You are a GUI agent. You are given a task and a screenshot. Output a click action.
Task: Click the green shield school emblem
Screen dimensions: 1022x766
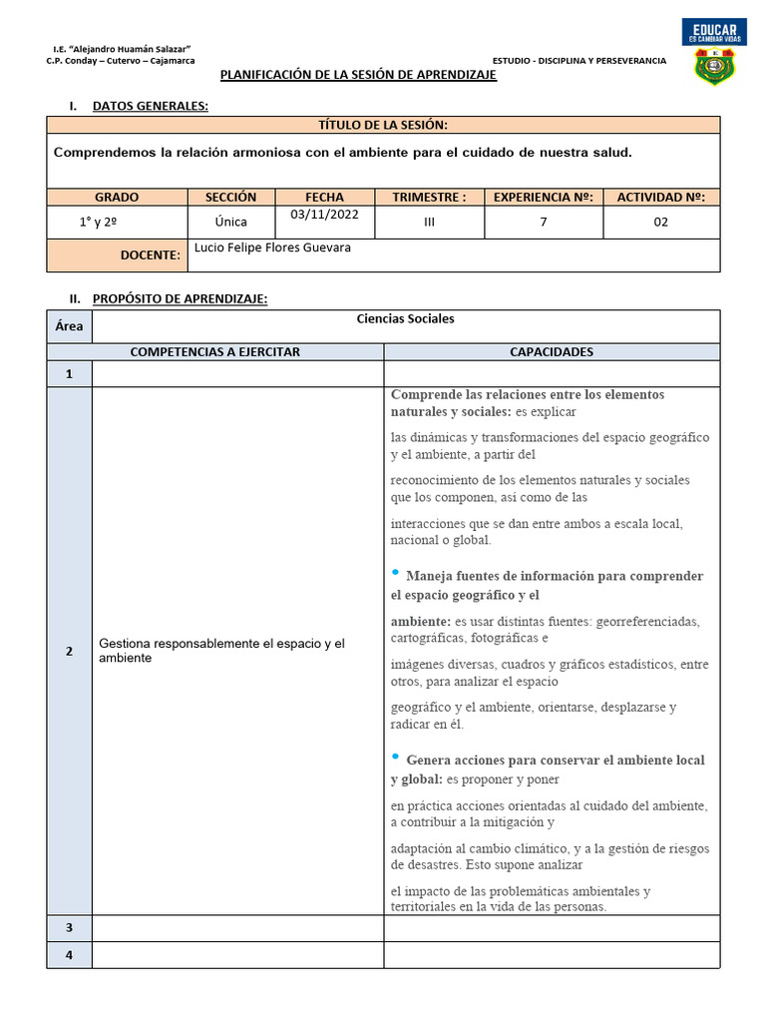[x=714, y=67]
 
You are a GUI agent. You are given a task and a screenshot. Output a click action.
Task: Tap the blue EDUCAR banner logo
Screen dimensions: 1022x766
[x=714, y=32]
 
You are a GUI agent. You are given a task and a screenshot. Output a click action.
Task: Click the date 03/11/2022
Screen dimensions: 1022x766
[x=325, y=215]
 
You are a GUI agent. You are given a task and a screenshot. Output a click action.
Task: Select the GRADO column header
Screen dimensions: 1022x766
[x=117, y=198]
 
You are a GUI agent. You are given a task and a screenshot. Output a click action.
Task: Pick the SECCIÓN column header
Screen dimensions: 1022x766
[x=231, y=198]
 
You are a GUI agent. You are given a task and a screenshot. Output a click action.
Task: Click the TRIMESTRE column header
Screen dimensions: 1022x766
[x=429, y=198]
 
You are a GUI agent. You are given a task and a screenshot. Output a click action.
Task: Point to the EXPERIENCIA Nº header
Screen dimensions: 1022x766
[x=544, y=198]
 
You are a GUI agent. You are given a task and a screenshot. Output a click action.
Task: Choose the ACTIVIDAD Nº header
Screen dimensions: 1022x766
[x=660, y=198]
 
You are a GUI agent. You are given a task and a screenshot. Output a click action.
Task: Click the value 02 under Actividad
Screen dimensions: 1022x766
[x=660, y=223]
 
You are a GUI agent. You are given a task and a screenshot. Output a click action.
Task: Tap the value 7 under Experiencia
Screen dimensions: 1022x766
[x=544, y=223]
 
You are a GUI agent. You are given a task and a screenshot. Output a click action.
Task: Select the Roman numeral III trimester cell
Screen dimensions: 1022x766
[x=429, y=223]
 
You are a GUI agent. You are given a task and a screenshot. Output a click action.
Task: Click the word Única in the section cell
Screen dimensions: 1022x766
[x=231, y=222]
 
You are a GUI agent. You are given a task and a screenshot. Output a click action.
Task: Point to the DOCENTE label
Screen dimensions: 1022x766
[x=151, y=255]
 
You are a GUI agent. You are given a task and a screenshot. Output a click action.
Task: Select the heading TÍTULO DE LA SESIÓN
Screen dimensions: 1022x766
[x=382, y=125]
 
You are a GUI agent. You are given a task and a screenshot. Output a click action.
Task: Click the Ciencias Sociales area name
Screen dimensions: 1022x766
[x=405, y=319]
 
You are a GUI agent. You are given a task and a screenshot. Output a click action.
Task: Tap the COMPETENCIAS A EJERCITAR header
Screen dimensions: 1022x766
[x=215, y=352]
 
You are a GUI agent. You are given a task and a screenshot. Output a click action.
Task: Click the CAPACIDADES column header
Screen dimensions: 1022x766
[x=551, y=352]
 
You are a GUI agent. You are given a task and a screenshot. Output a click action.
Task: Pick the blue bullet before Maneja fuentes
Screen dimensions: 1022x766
[x=396, y=573]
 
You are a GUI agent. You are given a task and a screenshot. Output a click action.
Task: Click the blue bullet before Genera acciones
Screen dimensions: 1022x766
[x=396, y=757]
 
